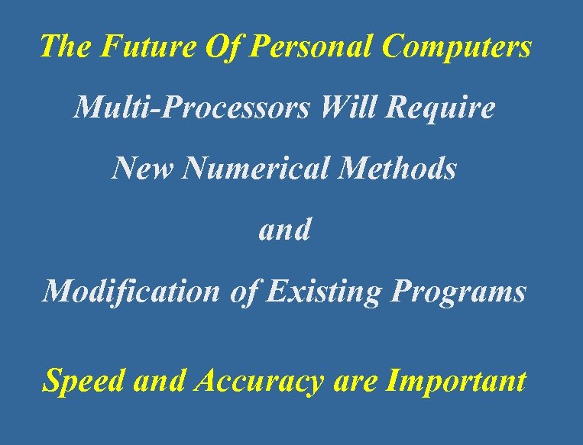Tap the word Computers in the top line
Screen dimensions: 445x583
[x=456, y=47]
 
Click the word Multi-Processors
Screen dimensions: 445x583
[x=191, y=108]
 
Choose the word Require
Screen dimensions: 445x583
[x=441, y=108]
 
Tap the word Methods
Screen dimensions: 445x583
[x=398, y=168]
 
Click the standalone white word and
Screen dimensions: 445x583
[x=285, y=229]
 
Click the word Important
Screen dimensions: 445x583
[x=457, y=380]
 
